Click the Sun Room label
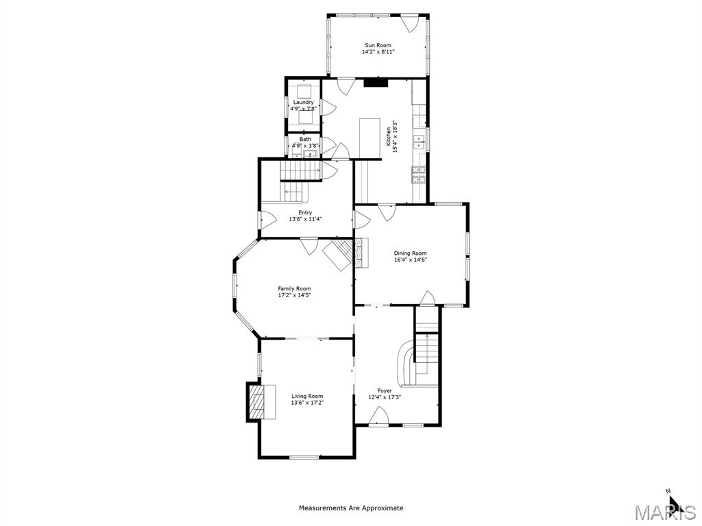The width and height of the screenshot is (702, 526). [378, 45]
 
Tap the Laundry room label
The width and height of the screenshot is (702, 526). [303, 102]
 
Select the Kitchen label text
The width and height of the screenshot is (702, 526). [388, 136]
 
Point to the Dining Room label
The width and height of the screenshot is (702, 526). [410, 253]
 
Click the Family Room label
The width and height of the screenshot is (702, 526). [294, 289]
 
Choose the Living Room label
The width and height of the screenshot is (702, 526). [307, 396]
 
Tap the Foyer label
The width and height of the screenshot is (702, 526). [384, 390]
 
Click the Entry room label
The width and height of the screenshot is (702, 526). [305, 212]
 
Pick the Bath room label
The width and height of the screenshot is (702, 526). [304, 139]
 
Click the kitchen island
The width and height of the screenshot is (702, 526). [370, 137]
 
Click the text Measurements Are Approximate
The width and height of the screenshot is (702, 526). [351, 508]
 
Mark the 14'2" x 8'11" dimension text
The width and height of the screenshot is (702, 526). [378, 52]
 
